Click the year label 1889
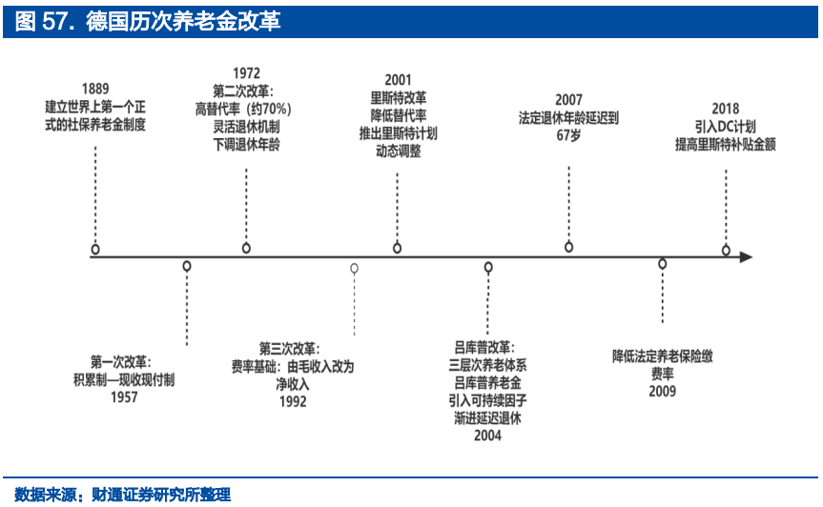95,89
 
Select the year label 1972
246,72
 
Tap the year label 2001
398,80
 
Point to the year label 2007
569,100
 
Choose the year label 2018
726,109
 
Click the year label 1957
124,396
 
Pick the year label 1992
293,401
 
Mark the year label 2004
487,436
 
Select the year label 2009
663,391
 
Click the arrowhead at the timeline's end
747,257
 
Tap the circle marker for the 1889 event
95,250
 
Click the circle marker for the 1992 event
355,269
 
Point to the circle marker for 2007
569,247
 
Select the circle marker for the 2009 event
663,264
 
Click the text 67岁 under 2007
569,135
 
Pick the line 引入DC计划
726,127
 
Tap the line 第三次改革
290,349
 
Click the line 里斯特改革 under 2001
399,98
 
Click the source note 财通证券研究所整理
161,495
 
